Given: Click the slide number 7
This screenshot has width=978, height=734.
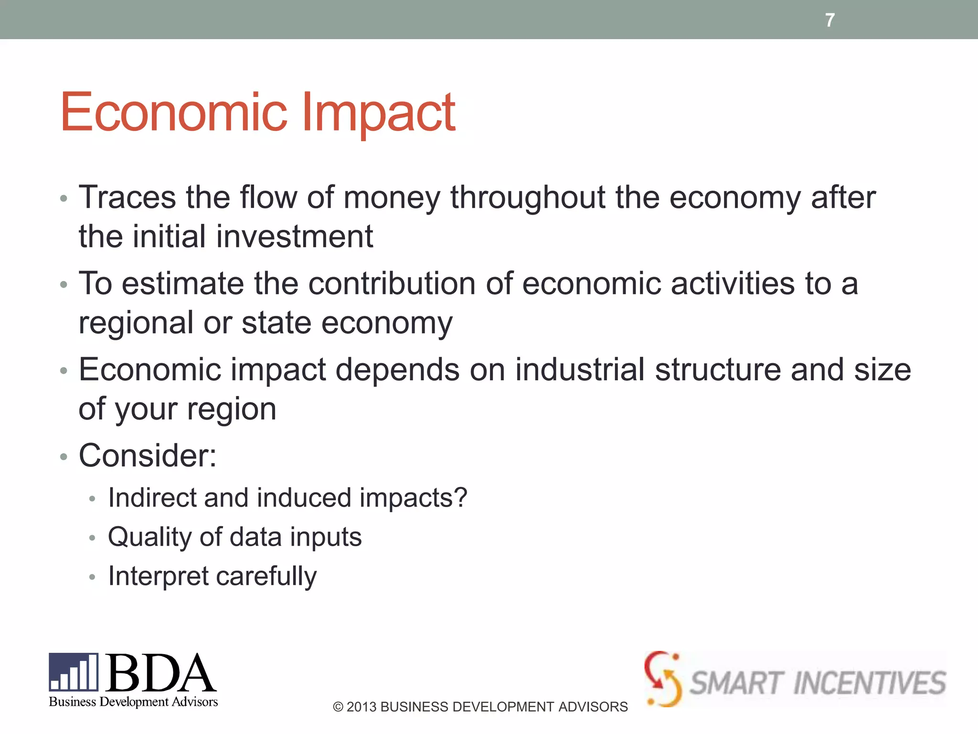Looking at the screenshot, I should (830, 20).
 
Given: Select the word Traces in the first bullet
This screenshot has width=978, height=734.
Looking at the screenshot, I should (127, 197).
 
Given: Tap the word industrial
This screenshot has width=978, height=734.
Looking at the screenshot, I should (580, 370).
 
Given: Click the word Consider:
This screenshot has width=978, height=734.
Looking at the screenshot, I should (148, 455).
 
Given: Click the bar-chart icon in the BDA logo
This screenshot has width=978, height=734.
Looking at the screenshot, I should (74, 672).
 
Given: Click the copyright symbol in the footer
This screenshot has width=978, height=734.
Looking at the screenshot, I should (338, 707).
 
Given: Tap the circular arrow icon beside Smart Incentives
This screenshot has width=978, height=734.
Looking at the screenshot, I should (663, 679).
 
